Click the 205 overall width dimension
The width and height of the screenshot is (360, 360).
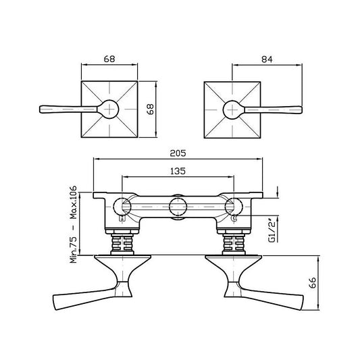coord(178,153)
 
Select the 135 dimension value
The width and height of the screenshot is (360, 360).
coord(178,171)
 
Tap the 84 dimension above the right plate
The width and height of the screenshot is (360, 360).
coord(266,58)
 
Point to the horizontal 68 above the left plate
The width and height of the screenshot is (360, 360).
coord(110,58)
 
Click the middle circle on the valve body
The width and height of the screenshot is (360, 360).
coord(178,207)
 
